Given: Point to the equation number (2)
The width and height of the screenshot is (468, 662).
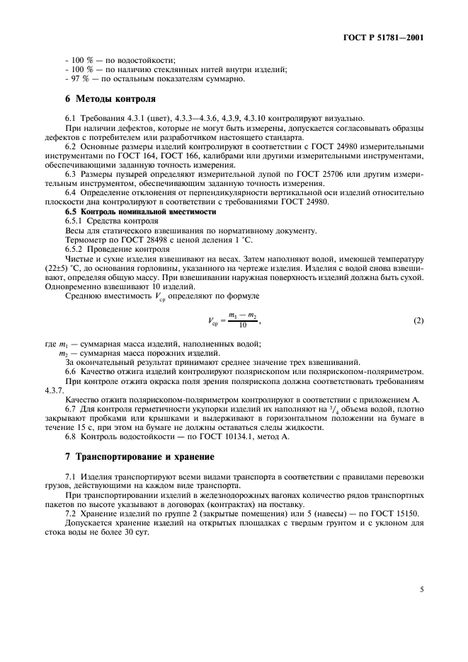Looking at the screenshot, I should click(418, 321).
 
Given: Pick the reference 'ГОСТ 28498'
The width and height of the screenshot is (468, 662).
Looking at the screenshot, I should click(132, 239).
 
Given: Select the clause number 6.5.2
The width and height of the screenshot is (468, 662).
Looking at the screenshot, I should click(75, 248).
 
